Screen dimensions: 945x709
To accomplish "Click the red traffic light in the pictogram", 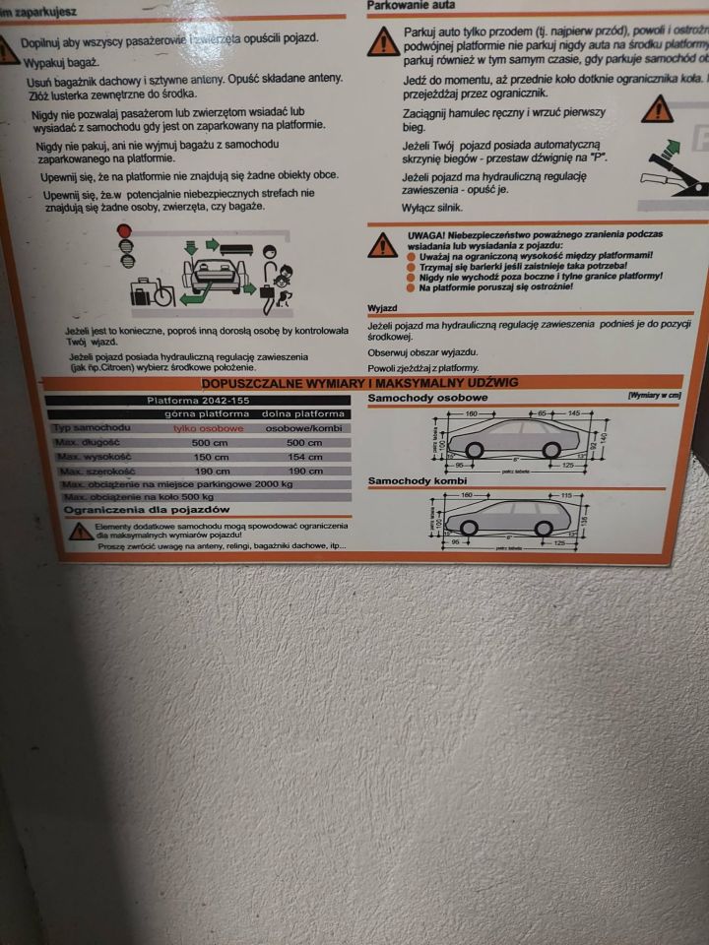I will [125, 232].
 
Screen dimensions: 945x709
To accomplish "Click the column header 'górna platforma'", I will [208, 414].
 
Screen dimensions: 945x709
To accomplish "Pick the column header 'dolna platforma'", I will [302, 414].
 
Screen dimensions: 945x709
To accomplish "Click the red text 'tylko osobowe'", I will [208, 429].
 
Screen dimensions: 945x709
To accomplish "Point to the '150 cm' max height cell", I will [209, 457].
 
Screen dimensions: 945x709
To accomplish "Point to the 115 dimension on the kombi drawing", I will [566, 493].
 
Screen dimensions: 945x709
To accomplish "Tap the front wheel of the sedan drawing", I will [474, 450].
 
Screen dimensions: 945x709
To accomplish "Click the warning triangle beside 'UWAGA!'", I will [382, 246].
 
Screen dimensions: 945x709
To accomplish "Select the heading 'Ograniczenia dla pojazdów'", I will [146, 510].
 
